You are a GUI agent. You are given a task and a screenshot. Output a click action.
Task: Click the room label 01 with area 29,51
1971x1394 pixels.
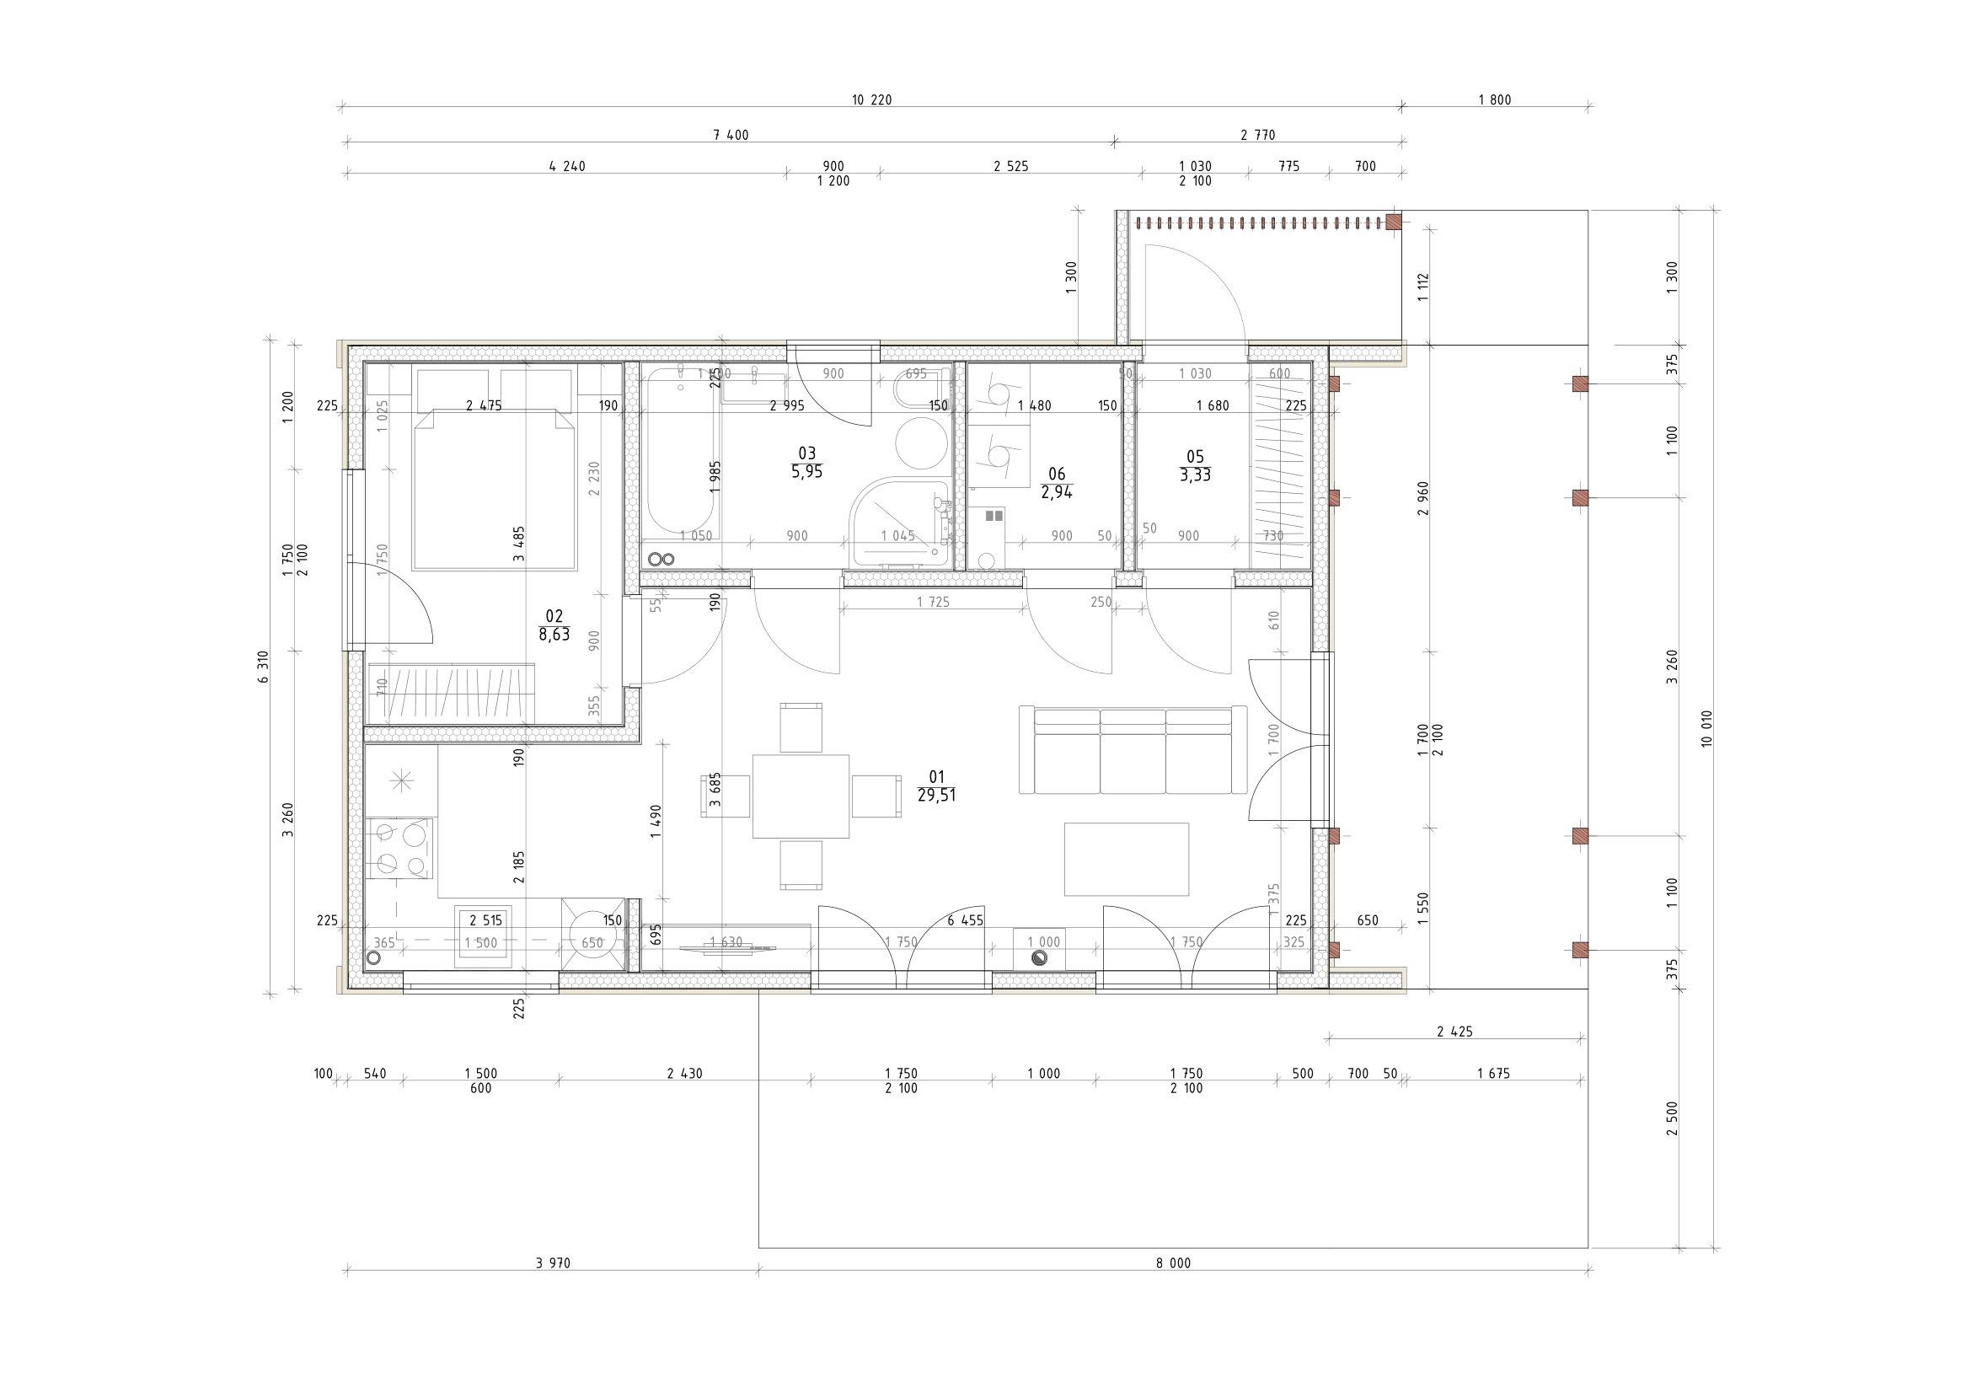click(935, 786)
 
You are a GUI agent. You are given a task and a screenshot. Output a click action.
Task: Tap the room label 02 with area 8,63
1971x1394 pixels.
click(554, 625)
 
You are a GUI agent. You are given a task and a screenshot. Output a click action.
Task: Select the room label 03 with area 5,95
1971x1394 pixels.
click(806, 462)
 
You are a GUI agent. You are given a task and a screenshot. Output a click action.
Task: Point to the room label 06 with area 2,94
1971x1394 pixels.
click(1056, 483)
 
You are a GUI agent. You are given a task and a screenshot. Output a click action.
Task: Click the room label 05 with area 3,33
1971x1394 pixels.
click(1194, 466)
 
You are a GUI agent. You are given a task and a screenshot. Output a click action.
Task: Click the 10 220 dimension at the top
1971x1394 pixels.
click(870, 100)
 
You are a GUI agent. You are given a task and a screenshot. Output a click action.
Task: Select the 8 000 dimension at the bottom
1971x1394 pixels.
click(1173, 1263)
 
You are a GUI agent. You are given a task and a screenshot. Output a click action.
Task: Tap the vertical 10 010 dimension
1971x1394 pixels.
click(1706, 728)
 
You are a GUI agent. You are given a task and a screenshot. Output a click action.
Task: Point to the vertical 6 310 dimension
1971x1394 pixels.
click(263, 666)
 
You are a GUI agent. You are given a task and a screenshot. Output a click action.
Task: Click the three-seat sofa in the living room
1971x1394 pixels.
click(1133, 751)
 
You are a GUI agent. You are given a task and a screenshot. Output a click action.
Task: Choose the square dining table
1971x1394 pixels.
click(800, 796)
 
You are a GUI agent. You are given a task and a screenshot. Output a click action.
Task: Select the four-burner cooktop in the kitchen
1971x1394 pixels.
click(400, 848)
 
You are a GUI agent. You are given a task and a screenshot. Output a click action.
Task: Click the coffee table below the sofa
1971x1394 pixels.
click(1126, 859)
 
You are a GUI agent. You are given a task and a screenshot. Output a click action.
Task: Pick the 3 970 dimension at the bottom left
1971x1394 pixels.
click(553, 1263)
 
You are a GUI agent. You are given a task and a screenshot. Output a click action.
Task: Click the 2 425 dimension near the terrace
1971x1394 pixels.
click(1454, 1032)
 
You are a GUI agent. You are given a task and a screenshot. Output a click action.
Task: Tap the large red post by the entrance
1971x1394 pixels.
click(1393, 222)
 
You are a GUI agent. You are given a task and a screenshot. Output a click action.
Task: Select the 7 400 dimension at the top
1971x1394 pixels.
click(731, 135)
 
